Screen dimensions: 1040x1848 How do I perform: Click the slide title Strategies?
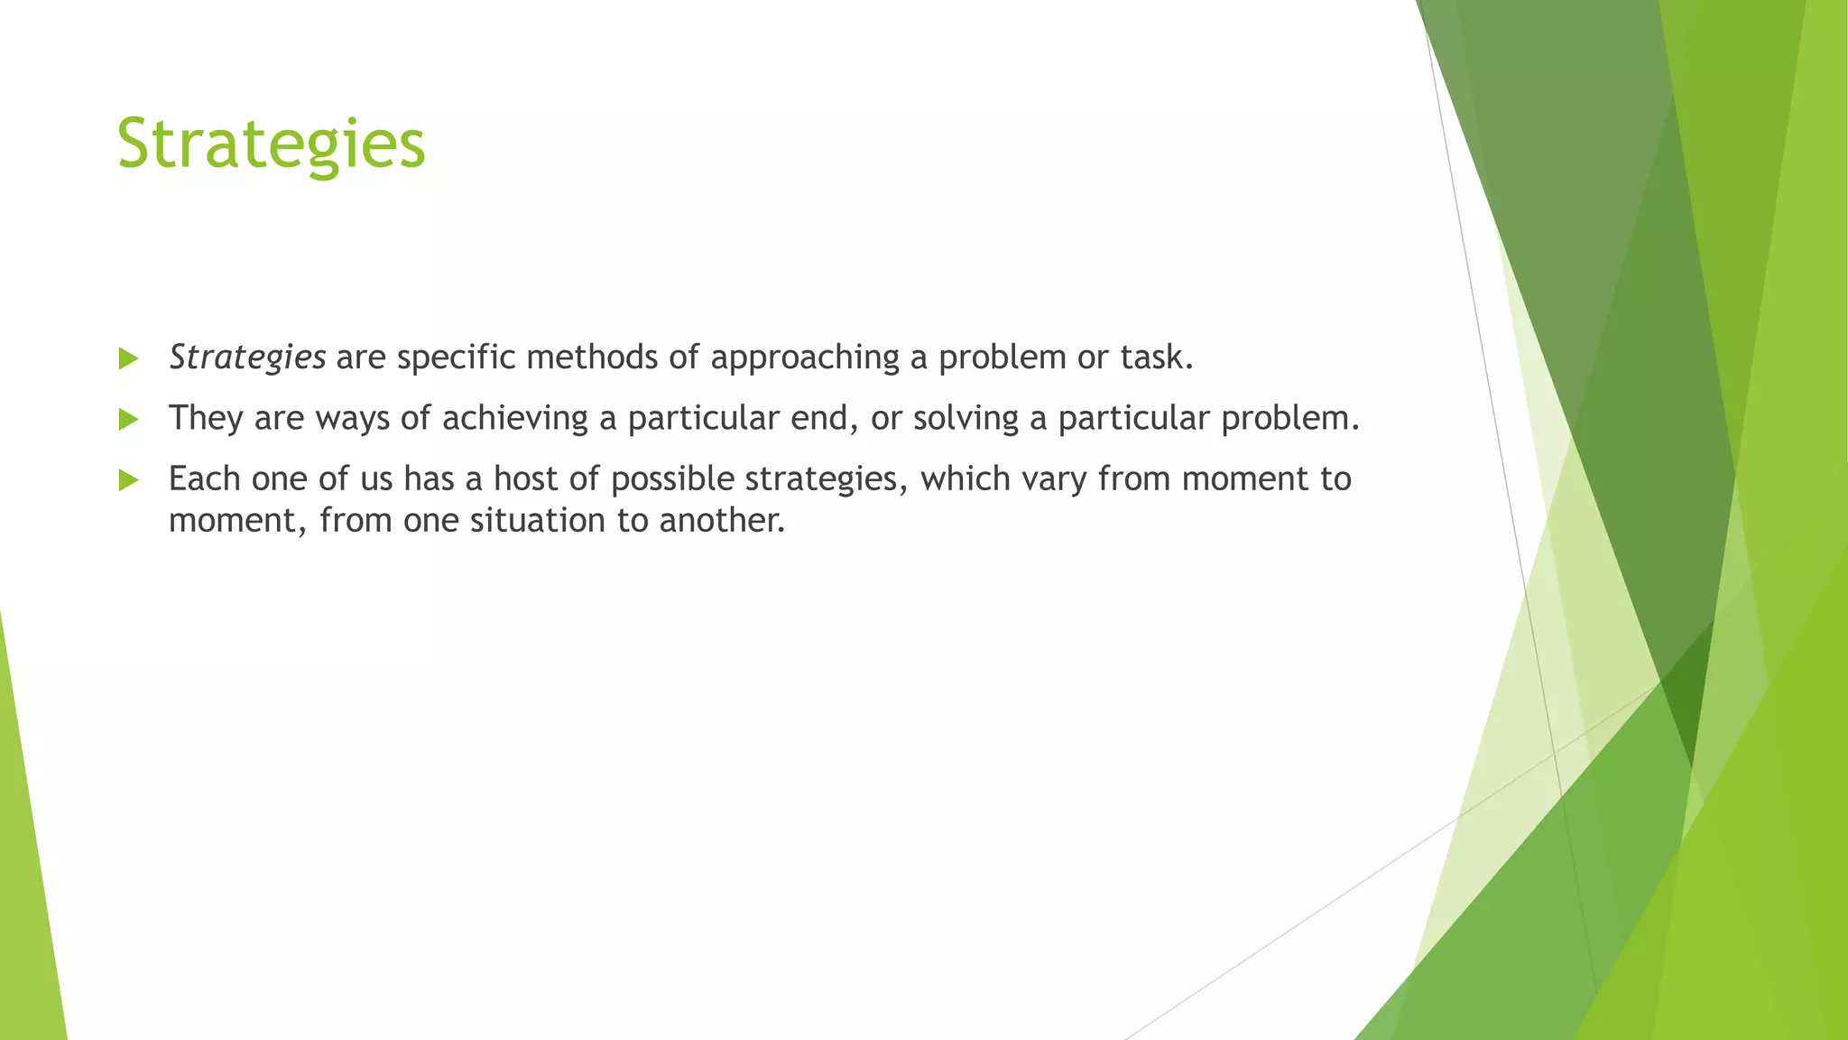click(271, 144)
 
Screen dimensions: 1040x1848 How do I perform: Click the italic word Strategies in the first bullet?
click(247, 358)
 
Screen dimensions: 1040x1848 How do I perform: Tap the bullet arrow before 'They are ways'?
click(128, 420)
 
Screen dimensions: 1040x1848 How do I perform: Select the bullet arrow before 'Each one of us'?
click(128, 480)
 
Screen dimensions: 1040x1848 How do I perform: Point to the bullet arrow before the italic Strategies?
click(128, 359)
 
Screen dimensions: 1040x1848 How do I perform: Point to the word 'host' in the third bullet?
click(525, 478)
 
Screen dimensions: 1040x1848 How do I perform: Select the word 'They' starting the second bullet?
click(206, 419)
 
